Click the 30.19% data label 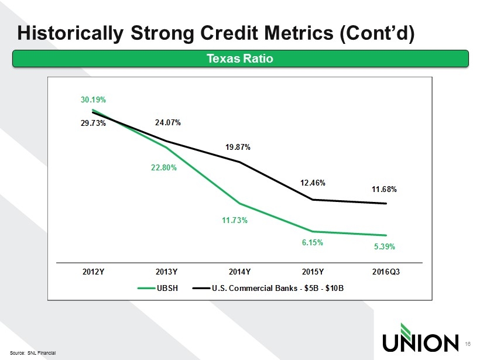point(92,100)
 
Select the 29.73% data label point(92,123)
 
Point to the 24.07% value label point(167,123)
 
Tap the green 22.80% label point(164,167)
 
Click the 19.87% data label point(238,148)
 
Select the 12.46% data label point(313,183)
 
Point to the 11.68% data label point(385,189)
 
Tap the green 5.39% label point(385,246)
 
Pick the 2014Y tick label point(239,272)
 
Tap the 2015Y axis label point(313,272)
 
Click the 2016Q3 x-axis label point(386,272)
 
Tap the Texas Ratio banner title point(239,59)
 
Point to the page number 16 point(467,344)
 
